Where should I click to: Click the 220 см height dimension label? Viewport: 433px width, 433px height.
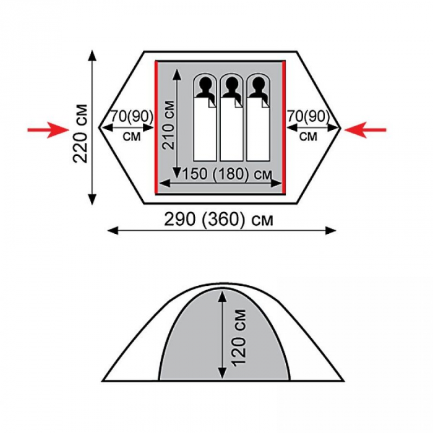[80, 134]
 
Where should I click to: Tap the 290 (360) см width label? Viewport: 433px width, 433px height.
[219, 220]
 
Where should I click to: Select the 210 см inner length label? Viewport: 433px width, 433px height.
[168, 126]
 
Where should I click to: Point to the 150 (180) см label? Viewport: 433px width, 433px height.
[227, 174]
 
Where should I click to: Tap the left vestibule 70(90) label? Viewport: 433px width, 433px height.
[132, 116]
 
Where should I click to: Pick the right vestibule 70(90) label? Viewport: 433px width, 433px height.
[309, 116]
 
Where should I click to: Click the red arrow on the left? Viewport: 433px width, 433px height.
[48, 129]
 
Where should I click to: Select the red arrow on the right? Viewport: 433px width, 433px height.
[365, 129]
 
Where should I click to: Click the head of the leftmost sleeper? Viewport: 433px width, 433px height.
[205, 82]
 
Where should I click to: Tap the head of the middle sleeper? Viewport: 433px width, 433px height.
[231, 82]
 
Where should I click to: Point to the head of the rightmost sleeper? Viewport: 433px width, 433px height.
[258, 82]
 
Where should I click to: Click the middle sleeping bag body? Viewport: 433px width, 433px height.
[231, 129]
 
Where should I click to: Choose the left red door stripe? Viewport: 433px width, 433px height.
[156, 127]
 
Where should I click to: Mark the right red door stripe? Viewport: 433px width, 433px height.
[283, 127]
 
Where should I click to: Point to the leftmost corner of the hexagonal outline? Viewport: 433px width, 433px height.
[99, 127]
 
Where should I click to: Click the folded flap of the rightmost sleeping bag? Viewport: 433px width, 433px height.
[265, 103]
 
